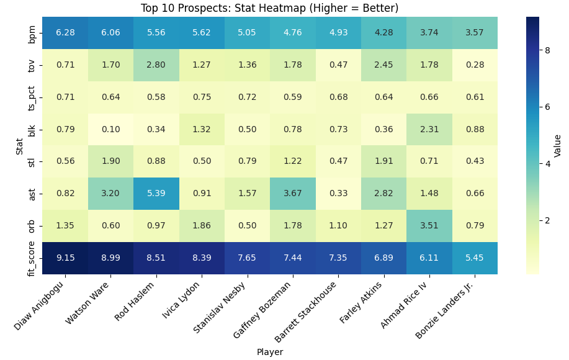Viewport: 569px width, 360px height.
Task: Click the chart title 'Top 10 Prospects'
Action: point(269,8)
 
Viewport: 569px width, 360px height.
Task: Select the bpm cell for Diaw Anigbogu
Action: point(65,33)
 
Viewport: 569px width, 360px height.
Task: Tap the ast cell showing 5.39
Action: point(156,194)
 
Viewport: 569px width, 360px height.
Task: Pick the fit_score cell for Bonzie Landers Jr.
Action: point(475,258)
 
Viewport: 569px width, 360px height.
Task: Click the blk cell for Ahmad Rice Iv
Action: point(429,129)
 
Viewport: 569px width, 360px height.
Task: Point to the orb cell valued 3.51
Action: point(429,226)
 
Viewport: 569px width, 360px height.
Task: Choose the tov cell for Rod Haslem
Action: point(156,65)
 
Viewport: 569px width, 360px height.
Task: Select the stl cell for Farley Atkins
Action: point(384,161)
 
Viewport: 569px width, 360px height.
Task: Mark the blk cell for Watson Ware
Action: point(110,129)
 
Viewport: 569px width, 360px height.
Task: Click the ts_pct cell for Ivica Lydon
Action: point(202,97)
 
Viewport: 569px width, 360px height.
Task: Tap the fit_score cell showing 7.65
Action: point(248,258)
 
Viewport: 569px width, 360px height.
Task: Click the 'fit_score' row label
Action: point(32,258)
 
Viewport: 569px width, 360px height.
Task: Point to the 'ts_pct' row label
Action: point(32,97)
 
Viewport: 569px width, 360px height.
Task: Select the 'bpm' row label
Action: point(32,33)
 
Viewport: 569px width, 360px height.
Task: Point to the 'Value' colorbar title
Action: point(558,145)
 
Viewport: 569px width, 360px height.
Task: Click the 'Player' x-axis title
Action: point(269,352)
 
